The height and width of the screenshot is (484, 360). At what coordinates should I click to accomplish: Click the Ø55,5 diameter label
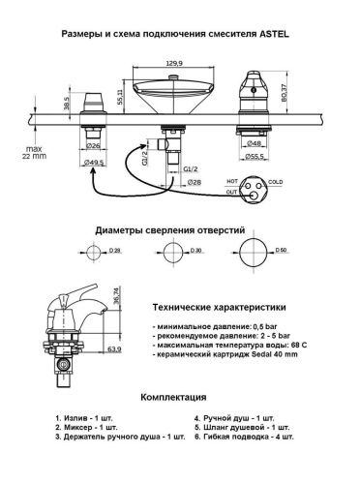pyautogui.click(x=257, y=154)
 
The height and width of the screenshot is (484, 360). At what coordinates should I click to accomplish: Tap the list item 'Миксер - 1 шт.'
pyautogui.click(x=90, y=427)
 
